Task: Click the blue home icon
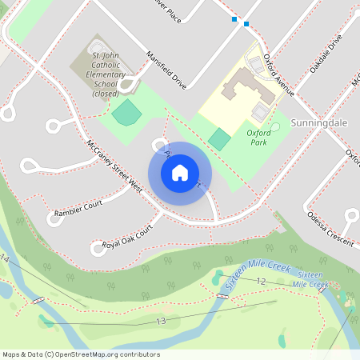180,172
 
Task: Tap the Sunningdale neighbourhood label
320,124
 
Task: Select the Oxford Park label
258,138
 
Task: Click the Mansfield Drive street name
166,70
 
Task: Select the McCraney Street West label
114,167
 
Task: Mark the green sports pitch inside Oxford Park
218,138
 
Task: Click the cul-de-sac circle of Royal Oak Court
98,248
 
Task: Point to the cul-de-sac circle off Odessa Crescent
350,214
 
